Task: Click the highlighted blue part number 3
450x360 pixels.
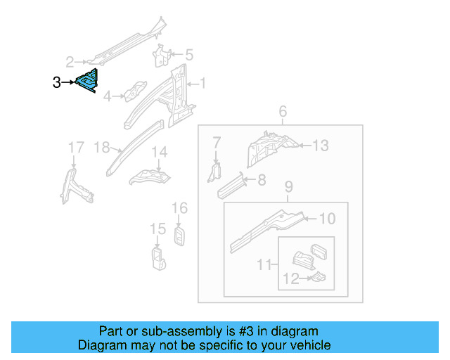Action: point(88,82)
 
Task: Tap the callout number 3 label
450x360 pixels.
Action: point(56,83)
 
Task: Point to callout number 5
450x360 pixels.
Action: point(188,54)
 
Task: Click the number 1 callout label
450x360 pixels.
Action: point(202,84)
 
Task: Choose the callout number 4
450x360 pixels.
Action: point(108,96)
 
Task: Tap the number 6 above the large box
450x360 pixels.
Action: point(283,111)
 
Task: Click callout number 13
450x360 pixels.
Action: point(320,146)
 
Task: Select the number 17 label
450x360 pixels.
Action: point(75,147)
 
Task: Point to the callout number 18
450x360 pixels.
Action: point(102,147)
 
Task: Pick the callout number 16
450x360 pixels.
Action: point(180,207)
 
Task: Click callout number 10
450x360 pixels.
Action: point(327,219)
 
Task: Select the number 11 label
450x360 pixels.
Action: point(264,264)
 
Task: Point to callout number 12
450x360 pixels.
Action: point(290,278)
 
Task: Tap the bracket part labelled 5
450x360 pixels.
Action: point(162,56)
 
